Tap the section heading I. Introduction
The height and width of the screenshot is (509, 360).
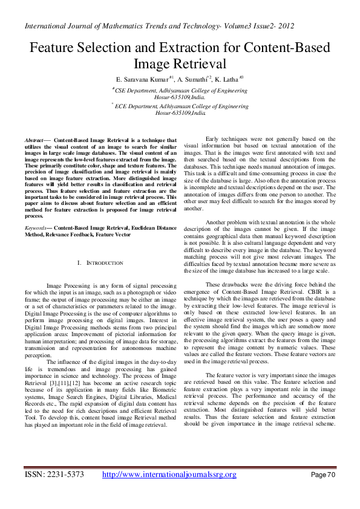pos(101,263)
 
